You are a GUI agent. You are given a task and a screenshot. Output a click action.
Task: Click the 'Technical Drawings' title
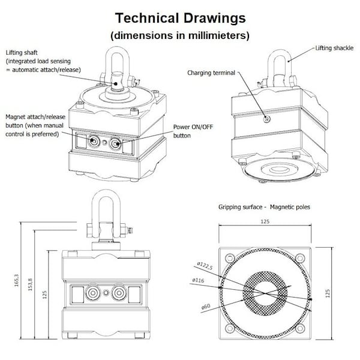pyautogui.click(x=180, y=17)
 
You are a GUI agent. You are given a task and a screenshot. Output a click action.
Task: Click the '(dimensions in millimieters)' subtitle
pyautogui.click(x=180, y=35)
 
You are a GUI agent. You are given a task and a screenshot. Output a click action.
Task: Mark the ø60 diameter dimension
pyautogui.click(x=205, y=306)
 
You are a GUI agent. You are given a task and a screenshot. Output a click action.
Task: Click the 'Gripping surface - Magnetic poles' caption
pyautogui.click(x=264, y=207)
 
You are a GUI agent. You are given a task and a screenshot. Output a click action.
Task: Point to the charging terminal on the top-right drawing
pyautogui.click(x=266, y=119)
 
